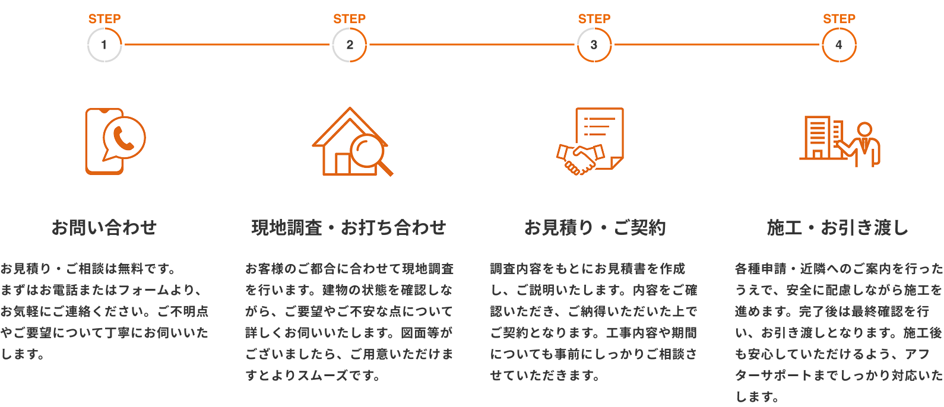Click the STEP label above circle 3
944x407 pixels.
click(594, 18)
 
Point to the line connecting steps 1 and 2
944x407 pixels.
click(227, 44)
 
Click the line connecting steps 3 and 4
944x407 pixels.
click(717, 44)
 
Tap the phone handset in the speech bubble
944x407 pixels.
click(123, 139)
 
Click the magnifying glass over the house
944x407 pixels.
click(371, 154)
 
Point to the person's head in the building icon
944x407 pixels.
click(865, 129)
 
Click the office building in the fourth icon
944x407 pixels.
click(822, 138)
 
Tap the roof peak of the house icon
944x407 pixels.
click(349, 109)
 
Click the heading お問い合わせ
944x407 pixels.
click(104, 227)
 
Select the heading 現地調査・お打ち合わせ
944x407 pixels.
click(349, 227)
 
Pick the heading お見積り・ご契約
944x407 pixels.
click(595, 227)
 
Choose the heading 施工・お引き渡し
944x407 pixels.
click(838, 227)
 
